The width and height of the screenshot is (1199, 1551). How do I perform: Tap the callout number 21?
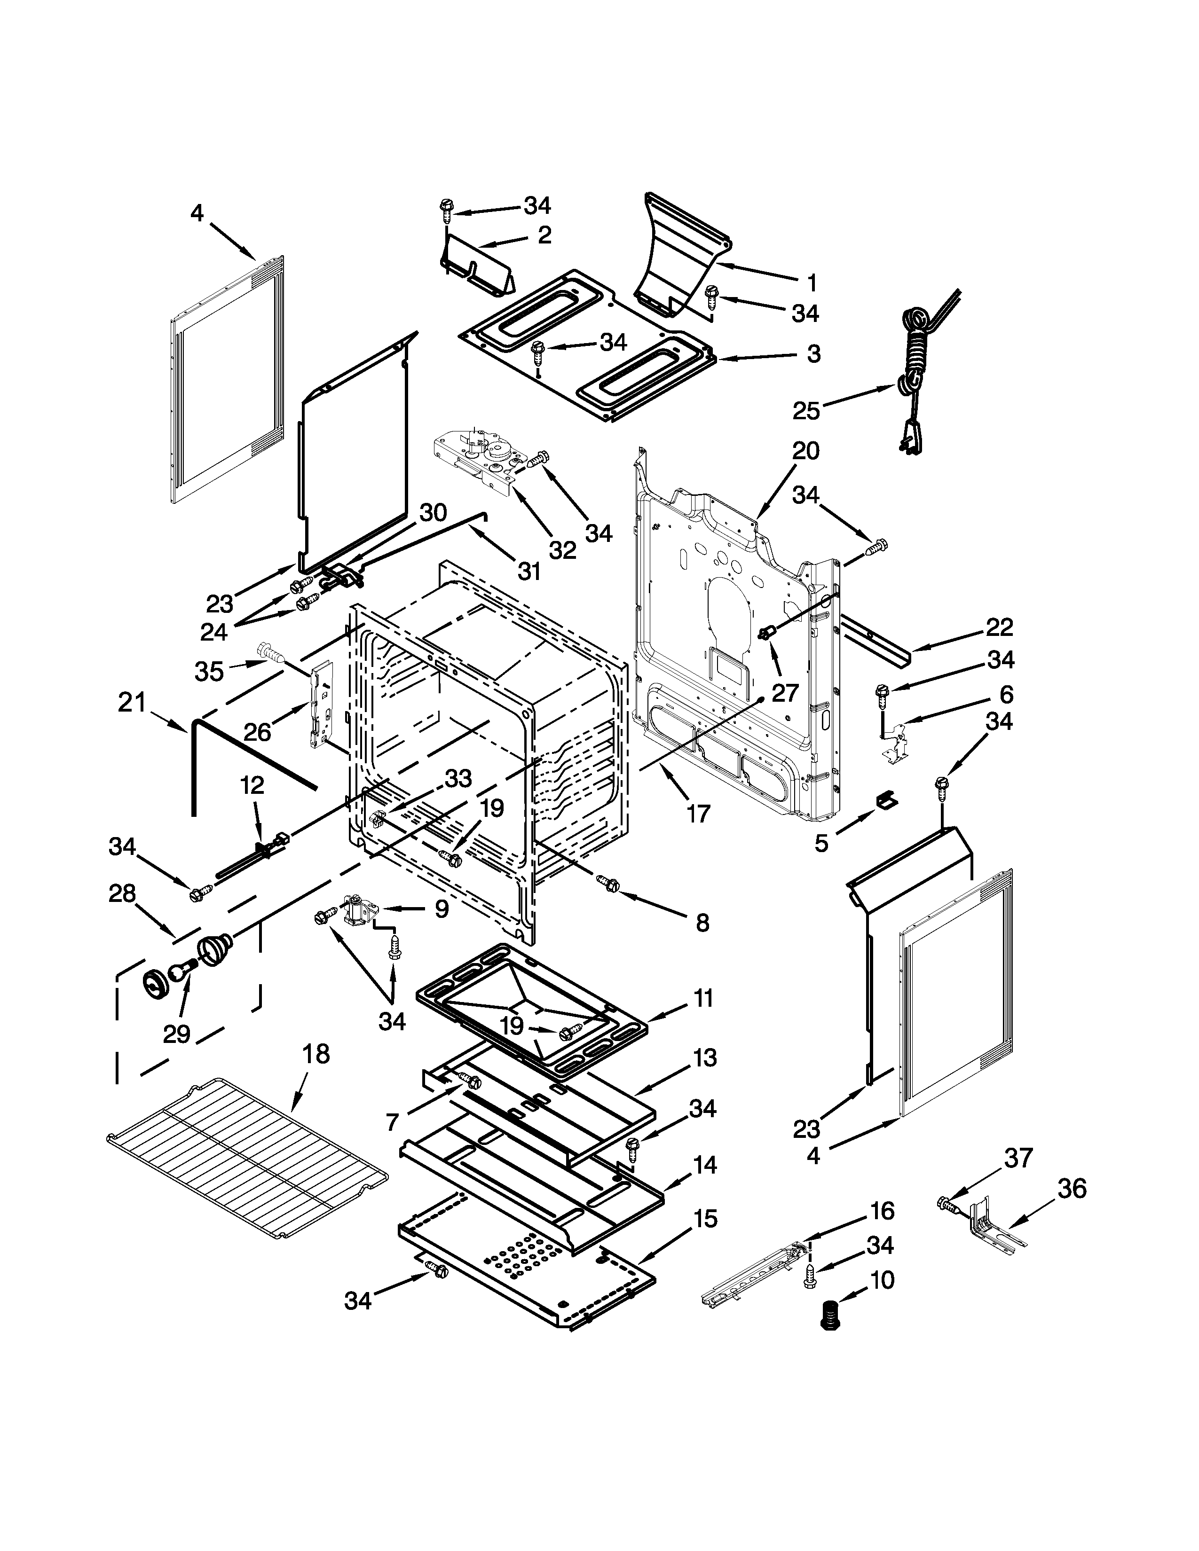pos(132,703)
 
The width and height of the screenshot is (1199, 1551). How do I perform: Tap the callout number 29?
pos(177,1034)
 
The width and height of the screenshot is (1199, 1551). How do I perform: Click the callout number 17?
pos(698,813)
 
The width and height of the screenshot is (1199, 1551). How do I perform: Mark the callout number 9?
pos(442,909)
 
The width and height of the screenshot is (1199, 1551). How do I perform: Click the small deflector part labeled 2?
pos(474,268)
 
